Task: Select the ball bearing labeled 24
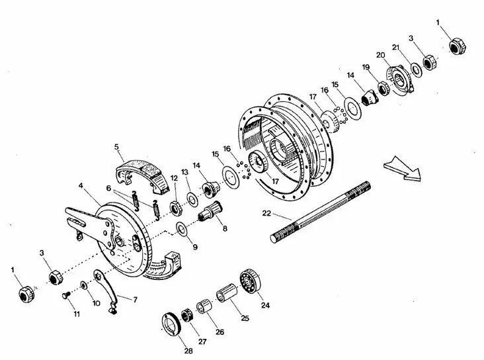pyautogui.click(x=252, y=283)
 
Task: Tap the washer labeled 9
pyautogui.click(x=181, y=230)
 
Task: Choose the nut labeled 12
pyautogui.click(x=176, y=206)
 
